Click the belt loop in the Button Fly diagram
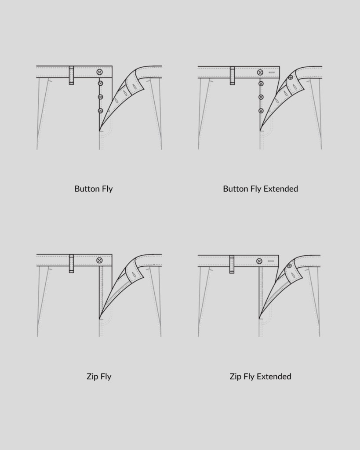pyautogui.click(x=71, y=75)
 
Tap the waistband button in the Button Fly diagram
pyautogui.click(x=100, y=72)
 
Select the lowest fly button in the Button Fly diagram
pyautogui.click(x=100, y=111)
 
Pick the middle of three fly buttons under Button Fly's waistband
pyautogui.click(x=100, y=97)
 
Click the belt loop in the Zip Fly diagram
pyautogui.click(x=71, y=263)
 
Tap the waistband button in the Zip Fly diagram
pyautogui.click(x=99, y=261)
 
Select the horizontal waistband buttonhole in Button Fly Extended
pyautogui.click(x=271, y=73)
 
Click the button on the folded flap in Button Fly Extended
pyautogui.click(x=290, y=77)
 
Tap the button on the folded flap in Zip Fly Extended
pyautogui.click(x=289, y=266)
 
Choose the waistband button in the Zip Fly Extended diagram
pyautogui.click(x=259, y=261)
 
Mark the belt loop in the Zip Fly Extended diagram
pyautogui.click(x=232, y=264)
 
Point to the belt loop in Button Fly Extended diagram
pyautogui.click(x=233, y=76)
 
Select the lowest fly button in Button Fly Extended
pyautogui.click(x=261, y=111)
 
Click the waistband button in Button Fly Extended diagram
pyautogui.click(x=260, y=72)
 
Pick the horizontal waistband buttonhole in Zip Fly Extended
pyautogui.click(x=271, y=261)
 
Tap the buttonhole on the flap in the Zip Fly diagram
pyautogui.click(x=131, y=276)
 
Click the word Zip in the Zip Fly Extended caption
pyautogui.click(x=236, y=377)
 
